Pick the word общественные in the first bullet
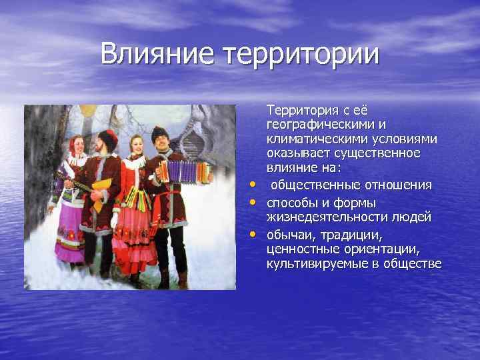pyautogui.click(x=313, y=184)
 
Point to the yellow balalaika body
pyautogui.click(x=99, y=190)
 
